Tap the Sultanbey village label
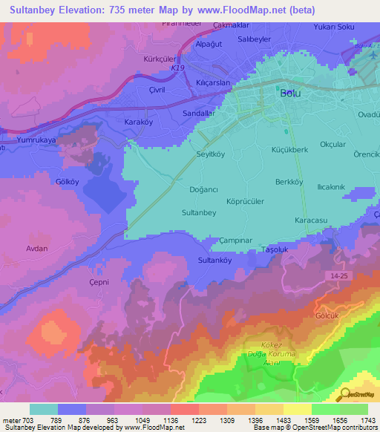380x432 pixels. pos(199,212)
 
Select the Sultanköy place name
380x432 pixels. pos(215,261)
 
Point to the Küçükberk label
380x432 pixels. pos(289,149)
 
